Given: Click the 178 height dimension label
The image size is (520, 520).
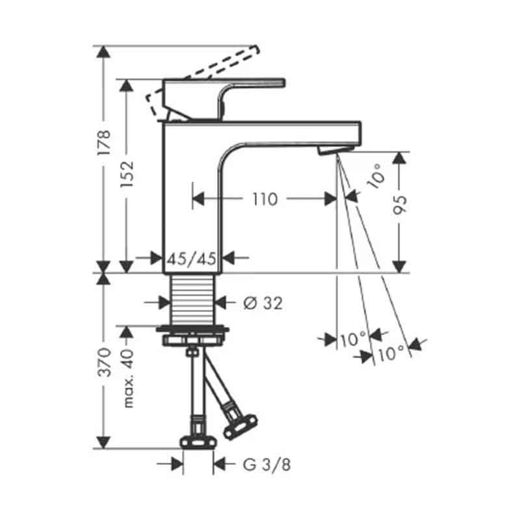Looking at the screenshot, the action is click(103, 142).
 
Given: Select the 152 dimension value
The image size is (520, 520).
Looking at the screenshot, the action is click(127, 174).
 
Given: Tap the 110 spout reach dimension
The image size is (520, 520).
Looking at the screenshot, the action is click(265, 199).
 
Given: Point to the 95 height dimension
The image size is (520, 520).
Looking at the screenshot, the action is click(400, 205).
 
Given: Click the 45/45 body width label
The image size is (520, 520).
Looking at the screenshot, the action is click(191, 259).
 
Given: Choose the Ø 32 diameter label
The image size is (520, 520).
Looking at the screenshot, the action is click(263, 303).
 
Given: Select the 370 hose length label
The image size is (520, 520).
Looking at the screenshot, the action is click(104, 362).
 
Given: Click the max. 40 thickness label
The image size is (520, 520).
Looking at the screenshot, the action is click(127, 378).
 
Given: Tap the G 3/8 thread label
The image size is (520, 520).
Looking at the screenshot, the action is click(267, 464).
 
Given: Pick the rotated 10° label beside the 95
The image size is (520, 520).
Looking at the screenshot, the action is click(376, 175).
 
